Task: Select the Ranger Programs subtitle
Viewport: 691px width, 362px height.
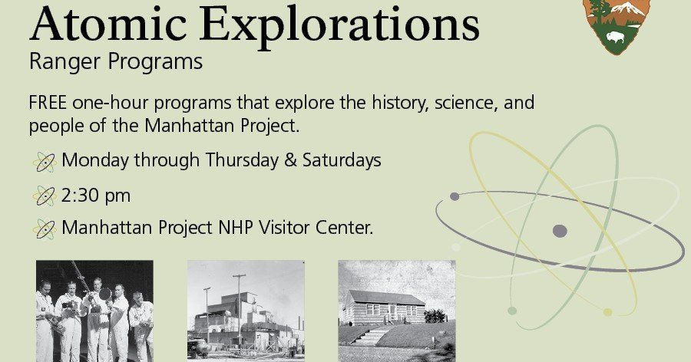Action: tap(116, 62)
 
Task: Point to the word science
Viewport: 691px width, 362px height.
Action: tap(458, 103)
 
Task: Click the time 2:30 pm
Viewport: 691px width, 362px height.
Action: tap(96, 196)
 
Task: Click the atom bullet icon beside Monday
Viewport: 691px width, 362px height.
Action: tap(45, 162)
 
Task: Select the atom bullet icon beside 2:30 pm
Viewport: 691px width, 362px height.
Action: tap(45, 196)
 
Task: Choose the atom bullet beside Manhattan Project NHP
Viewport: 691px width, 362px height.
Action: tap(45, 229)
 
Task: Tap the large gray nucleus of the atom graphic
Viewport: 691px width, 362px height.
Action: tap(560, 231)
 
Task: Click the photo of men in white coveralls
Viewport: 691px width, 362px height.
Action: tap(94, 311)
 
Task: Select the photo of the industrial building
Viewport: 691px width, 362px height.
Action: tap(246, 311)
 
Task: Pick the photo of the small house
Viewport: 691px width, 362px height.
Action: tap(396, 311)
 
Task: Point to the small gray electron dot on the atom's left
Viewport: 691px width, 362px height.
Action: tap(455, 196)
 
